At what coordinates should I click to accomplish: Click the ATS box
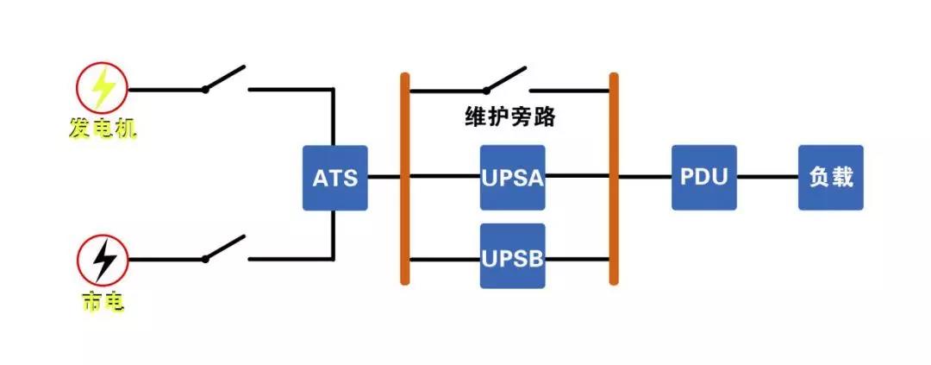coord(334,178)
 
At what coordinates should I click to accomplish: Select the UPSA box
coord(512,178)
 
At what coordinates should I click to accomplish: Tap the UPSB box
coord(512,257)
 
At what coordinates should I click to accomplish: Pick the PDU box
coord(704,178)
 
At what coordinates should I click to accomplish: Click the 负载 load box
coord(830,178)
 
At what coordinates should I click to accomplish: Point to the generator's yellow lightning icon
coord(103,89)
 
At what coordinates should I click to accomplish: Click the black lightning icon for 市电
coord(103,258)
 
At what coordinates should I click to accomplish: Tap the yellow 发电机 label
coord(103,129)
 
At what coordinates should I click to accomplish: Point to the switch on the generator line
coord(225,78)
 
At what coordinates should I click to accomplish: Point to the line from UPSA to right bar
coord(578,178)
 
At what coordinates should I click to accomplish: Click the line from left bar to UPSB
coord(444,258)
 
